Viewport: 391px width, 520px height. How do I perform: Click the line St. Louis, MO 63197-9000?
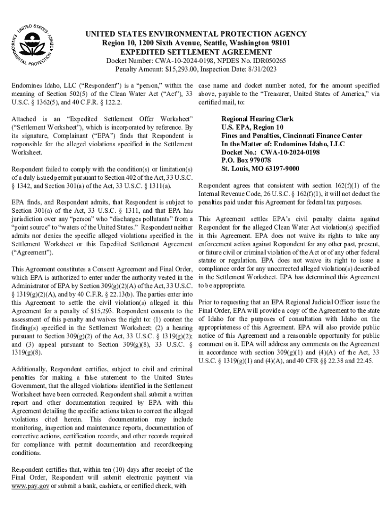[x=260, y=169]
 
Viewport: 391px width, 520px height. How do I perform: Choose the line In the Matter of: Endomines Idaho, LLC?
[x=283, y=144]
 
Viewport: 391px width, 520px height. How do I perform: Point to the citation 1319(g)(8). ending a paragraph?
[x=27, y=352]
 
